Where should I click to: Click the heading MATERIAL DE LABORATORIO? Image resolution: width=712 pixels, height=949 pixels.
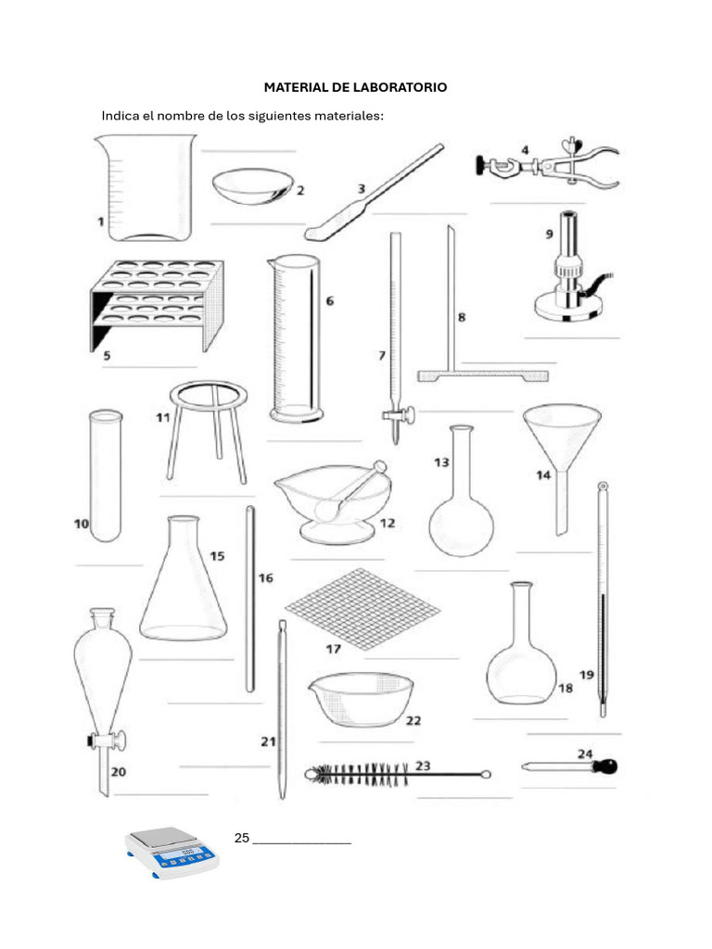click(x=355, y=87)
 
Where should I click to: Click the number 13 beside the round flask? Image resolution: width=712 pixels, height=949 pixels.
click(x=441, y=462)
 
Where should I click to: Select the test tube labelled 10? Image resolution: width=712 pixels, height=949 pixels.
click(x=104, y=474)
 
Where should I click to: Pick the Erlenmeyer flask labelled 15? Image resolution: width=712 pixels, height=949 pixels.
click(x=183, y=584)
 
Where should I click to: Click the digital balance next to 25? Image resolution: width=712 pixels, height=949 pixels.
click(x=172, y=852)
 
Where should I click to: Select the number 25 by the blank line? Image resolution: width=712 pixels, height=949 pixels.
click(x=242, y=838)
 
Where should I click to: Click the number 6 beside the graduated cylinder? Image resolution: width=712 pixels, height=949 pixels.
click(x=329, y=301)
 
